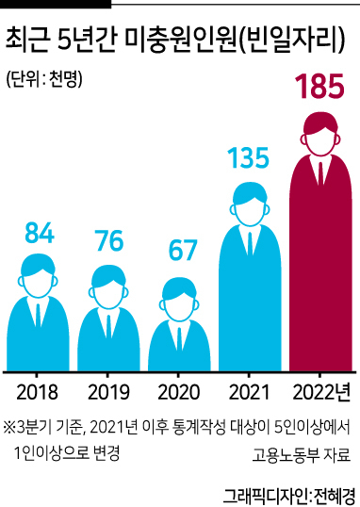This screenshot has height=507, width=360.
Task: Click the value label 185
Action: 319,86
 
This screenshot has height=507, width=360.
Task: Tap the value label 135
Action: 249,157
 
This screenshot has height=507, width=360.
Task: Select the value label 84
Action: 40,233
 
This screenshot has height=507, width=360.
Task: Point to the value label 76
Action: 110,240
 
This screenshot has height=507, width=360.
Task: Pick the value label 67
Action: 183,250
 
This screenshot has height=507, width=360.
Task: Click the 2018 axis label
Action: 37,392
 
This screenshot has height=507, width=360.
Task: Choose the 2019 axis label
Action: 108,392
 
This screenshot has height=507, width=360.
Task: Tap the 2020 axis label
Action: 178,392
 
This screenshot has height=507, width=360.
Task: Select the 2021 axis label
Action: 249,392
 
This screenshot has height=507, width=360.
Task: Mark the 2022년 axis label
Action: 321,392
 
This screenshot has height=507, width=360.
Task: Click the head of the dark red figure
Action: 320,135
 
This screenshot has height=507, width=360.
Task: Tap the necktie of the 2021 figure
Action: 250,244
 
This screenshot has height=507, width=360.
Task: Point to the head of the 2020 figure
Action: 179,299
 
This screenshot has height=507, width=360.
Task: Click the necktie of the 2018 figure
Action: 38,316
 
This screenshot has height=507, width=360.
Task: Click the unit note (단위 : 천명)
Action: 44,78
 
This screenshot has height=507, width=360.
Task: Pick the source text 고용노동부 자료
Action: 302,454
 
